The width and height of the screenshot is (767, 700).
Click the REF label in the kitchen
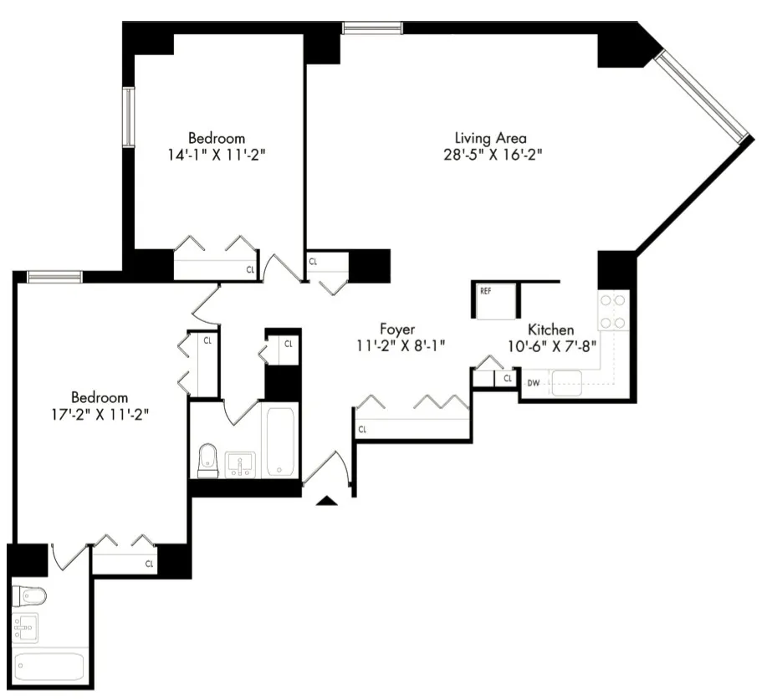tap(486, 291)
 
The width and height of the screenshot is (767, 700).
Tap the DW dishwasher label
tap(533, 384)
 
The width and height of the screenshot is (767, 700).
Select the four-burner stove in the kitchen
tap(613, 310)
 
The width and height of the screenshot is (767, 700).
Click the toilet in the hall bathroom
tap(207, 461)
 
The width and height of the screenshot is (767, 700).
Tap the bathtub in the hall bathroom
tap(281, 441)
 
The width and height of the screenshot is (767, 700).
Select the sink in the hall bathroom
tap(240, 462)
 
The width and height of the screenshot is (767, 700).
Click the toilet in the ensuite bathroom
tap(29, 595)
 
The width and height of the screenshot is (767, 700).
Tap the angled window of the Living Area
tap(700, 95)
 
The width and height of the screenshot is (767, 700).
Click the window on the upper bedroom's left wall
tap(129, 116)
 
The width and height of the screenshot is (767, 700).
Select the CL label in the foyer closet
tap(362, 430)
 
